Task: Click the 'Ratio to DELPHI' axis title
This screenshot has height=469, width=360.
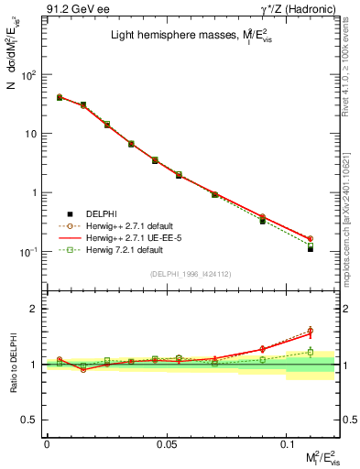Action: coord(11,364)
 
